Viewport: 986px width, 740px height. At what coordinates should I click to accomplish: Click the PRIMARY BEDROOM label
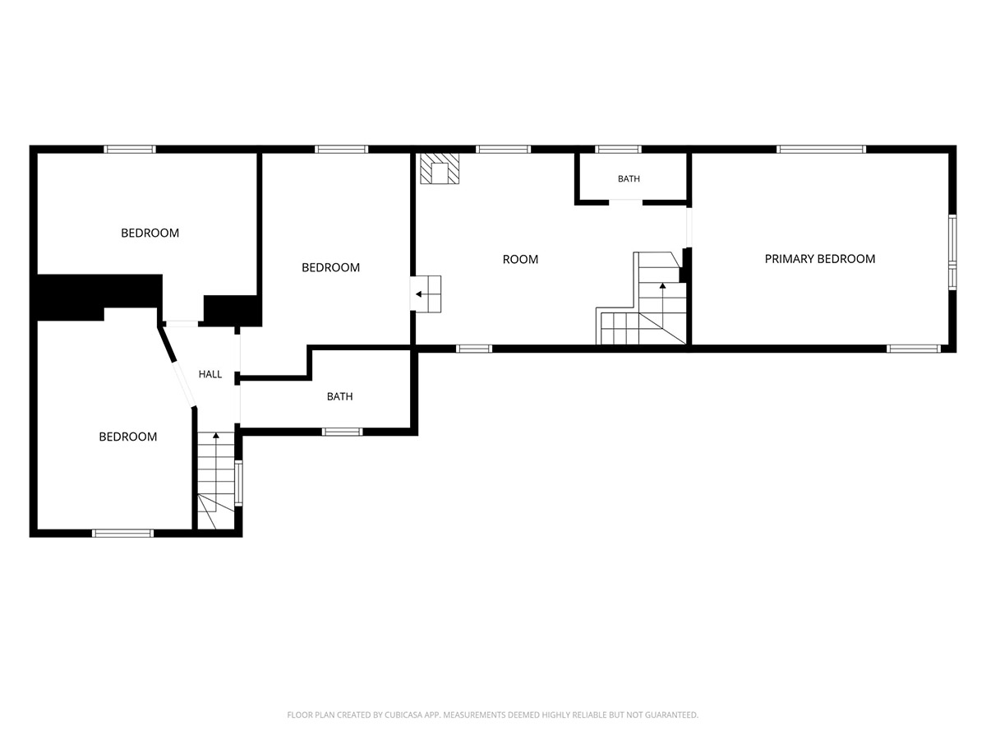pyautogui.click(x=819, y=259)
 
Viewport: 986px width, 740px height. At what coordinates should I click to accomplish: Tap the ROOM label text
pyautogui.click(x=520, y=259)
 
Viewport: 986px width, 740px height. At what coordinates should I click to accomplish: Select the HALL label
pyautogui.click(x=210, y=374)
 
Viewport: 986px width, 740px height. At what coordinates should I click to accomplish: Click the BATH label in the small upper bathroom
pyautogui.click(x=629, y=178)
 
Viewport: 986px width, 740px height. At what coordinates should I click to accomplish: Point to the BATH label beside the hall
pyautogui.click(x=339, y=396)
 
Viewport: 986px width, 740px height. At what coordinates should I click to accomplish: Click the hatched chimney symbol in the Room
pyautogui.click(x=440, y=169)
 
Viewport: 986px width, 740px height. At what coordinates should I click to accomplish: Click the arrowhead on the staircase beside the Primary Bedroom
pyautogui.click(x=662, y=285)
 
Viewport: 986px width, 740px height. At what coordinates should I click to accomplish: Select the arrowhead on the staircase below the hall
pyautogui.click(x=216, y=435)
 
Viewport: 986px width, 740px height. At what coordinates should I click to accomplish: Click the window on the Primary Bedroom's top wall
pyautogui.click(x=821, y=149)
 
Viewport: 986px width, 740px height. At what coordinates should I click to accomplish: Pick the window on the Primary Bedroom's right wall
pyautogui.click(x=951, y=252)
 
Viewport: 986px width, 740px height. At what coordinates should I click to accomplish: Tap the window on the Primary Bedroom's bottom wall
pyautogui.click(x=913, y=348)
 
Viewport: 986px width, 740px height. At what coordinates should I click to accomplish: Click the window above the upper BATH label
pyautogui.click(x=618, y=149)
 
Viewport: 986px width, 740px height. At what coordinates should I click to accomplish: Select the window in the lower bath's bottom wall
pyautogui.click(x=342, y=432)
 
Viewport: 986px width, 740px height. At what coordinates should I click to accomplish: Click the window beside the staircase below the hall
pyautogui.click(x=238, y=483)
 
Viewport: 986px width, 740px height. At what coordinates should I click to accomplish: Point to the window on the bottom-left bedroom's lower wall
pyautogui.click(x=122, y=534)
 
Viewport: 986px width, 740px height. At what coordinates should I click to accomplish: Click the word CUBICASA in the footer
pyautogui.click(x=403, y=715)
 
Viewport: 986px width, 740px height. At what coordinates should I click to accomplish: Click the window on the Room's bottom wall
pyautogui.click(x=474, y=348)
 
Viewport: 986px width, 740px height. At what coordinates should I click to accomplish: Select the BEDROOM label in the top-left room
pyautogui.click(x=150, y=233)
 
